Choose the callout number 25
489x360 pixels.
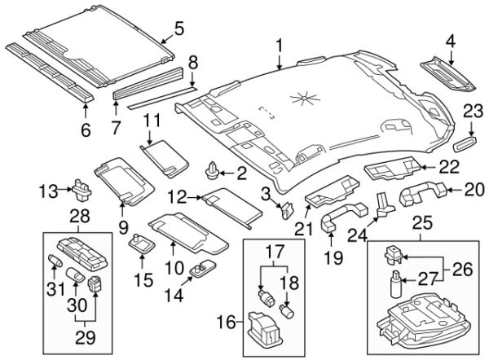pos(420,222)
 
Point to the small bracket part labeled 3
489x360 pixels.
pos(286,210)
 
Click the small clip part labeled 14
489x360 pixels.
pos(200,269)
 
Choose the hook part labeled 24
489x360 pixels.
pos(381,205)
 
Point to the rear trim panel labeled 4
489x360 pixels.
pos(451,73)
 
